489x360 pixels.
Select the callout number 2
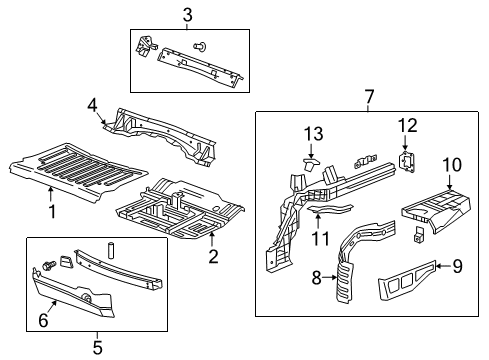click(213, 257)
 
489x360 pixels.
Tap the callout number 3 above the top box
click(187, 14)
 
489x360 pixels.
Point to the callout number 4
click(92, 103)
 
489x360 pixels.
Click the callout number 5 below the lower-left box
click(96, 348)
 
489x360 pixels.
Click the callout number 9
click(457, 266)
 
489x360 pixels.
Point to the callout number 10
click(451, 164)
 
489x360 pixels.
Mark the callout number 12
click(405, 126)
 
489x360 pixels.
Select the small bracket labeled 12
click(407, 160)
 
